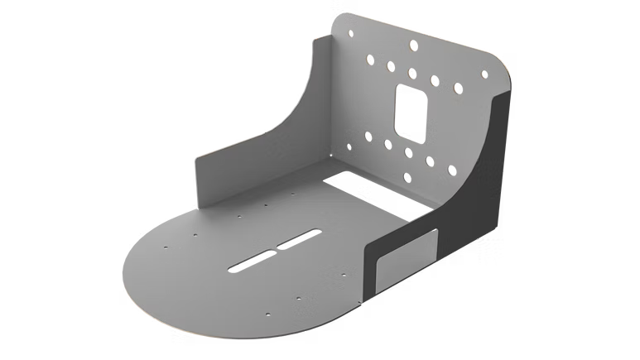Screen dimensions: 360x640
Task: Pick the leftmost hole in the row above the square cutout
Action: (367, 60)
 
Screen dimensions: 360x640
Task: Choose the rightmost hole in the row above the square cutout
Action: (455, 84)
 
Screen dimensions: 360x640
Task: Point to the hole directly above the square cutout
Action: (411, 73)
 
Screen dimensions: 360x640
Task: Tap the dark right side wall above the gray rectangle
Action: (476, 166)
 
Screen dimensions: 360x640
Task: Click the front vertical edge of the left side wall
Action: (196, 183)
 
